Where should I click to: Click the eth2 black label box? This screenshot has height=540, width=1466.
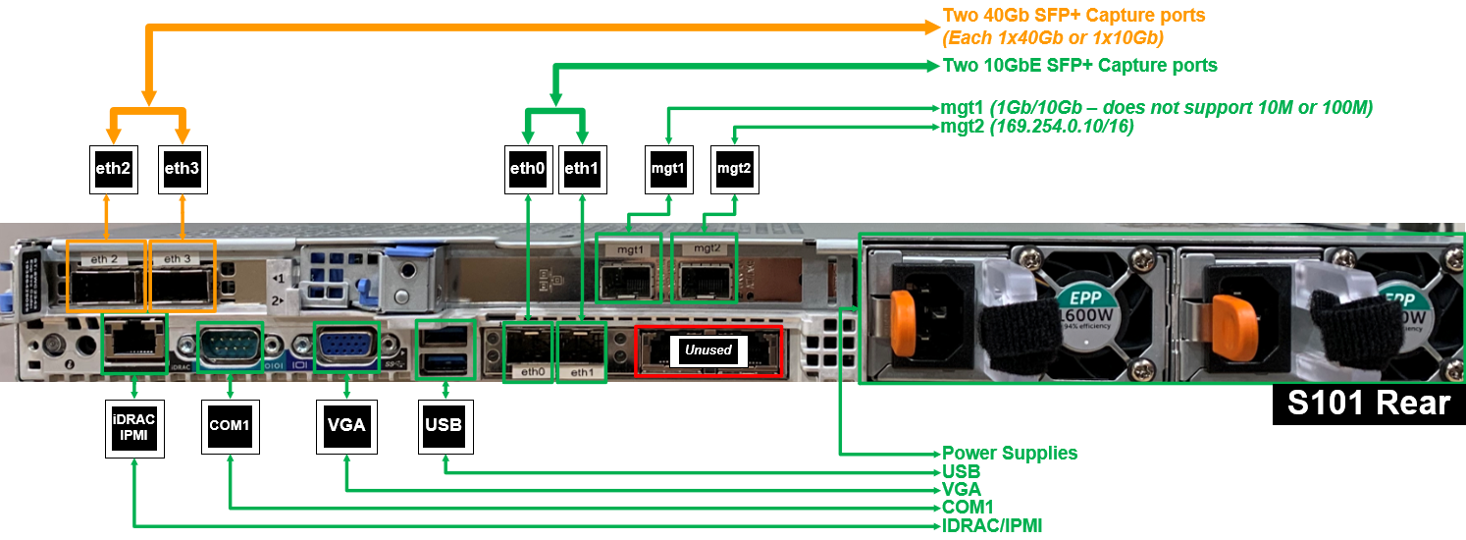click(113, 169)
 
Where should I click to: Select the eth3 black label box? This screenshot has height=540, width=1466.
click(182, 169)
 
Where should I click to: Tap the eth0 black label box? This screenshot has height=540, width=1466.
click(528, 169)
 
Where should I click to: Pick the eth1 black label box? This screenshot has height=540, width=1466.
click(582, 169)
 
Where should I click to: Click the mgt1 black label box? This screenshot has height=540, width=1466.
click(667, 169)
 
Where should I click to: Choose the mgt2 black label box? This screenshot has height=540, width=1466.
click(734, 169)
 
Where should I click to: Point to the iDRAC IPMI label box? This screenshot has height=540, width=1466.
click(133, 426)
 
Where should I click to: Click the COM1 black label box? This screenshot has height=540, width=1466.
click(230, 426)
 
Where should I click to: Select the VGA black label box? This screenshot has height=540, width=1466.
click(345, 426)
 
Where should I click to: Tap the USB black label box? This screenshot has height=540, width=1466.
click(444, 426)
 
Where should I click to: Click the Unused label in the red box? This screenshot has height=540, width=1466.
click(708, 350)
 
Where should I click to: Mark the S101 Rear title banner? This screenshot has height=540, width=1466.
click(1368, 404)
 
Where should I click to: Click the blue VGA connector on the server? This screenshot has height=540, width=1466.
click(345, 347)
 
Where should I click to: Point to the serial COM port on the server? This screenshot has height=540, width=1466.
click(230, 346)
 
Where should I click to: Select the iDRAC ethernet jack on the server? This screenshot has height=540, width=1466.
click(133, 344)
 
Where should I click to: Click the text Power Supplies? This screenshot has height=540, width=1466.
click(1010, 454)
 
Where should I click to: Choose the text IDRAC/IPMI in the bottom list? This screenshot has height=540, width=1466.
click(991, 526)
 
